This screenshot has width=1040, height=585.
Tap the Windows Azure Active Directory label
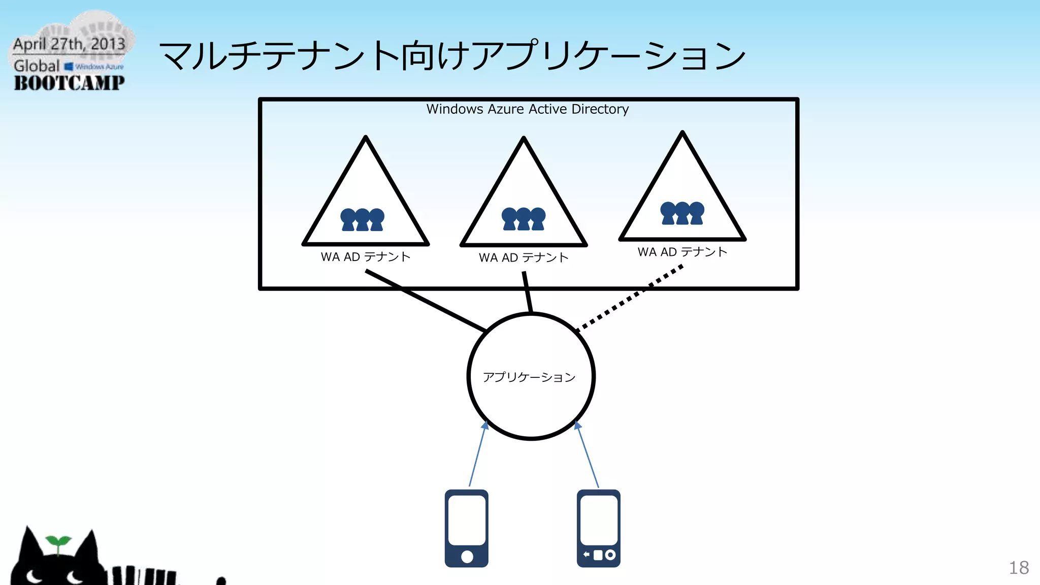(527, 109)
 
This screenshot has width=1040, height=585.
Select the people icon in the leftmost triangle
(362, 220)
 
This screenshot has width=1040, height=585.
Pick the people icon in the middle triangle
(524, 219)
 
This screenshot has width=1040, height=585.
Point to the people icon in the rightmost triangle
(682, 213)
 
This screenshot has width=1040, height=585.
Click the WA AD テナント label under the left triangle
(365, 257)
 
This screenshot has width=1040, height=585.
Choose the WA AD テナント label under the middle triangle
(524, 258)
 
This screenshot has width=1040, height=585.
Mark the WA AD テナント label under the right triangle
(682, 252)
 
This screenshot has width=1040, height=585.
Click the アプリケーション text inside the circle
(529, 377)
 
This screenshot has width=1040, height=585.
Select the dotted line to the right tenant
(630, 298)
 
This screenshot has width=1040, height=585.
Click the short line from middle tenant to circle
(528, 292)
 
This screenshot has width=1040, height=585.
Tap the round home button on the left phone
(467, 557)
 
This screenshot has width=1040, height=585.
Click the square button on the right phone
(598, 555)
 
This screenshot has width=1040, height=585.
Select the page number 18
(1018, 568)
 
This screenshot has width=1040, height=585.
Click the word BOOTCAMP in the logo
(69, 83)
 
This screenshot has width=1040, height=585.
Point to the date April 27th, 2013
(69, 44)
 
